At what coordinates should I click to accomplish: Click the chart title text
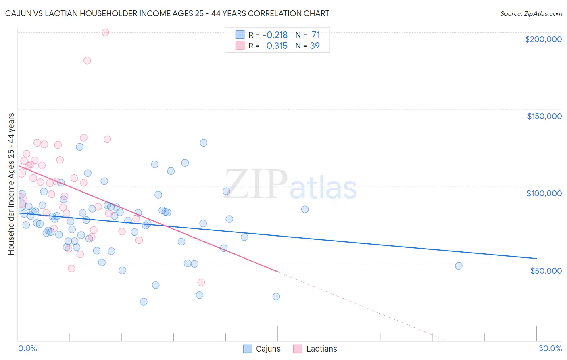pos(167,13)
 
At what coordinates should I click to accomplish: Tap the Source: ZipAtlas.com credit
pos(531,13)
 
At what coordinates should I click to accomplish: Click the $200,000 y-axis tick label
pos(543,39)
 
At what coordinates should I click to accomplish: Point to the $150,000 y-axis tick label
pos(544,116)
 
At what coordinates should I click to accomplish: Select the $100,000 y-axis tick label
pos(544,193)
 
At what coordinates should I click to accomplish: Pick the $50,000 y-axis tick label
pos(546,270)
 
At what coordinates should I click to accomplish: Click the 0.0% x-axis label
pos(27,348)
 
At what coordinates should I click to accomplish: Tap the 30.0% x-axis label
pos(550,348)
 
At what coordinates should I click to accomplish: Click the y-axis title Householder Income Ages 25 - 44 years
pos(11,184)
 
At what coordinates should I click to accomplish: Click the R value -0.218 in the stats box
pos(275,35)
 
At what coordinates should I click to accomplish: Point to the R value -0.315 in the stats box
pos(275,46)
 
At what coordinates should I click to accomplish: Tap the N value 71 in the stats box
pos(315,35)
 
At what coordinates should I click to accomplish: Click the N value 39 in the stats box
pos(315,46)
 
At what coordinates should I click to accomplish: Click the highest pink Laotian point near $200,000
pos(105,32)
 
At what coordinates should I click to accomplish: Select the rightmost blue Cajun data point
pos(459,266)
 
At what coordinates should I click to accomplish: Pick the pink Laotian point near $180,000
pos(87,61)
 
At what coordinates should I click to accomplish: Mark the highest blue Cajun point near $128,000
pos(204,143)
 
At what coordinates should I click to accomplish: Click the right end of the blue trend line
pos(536,258)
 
